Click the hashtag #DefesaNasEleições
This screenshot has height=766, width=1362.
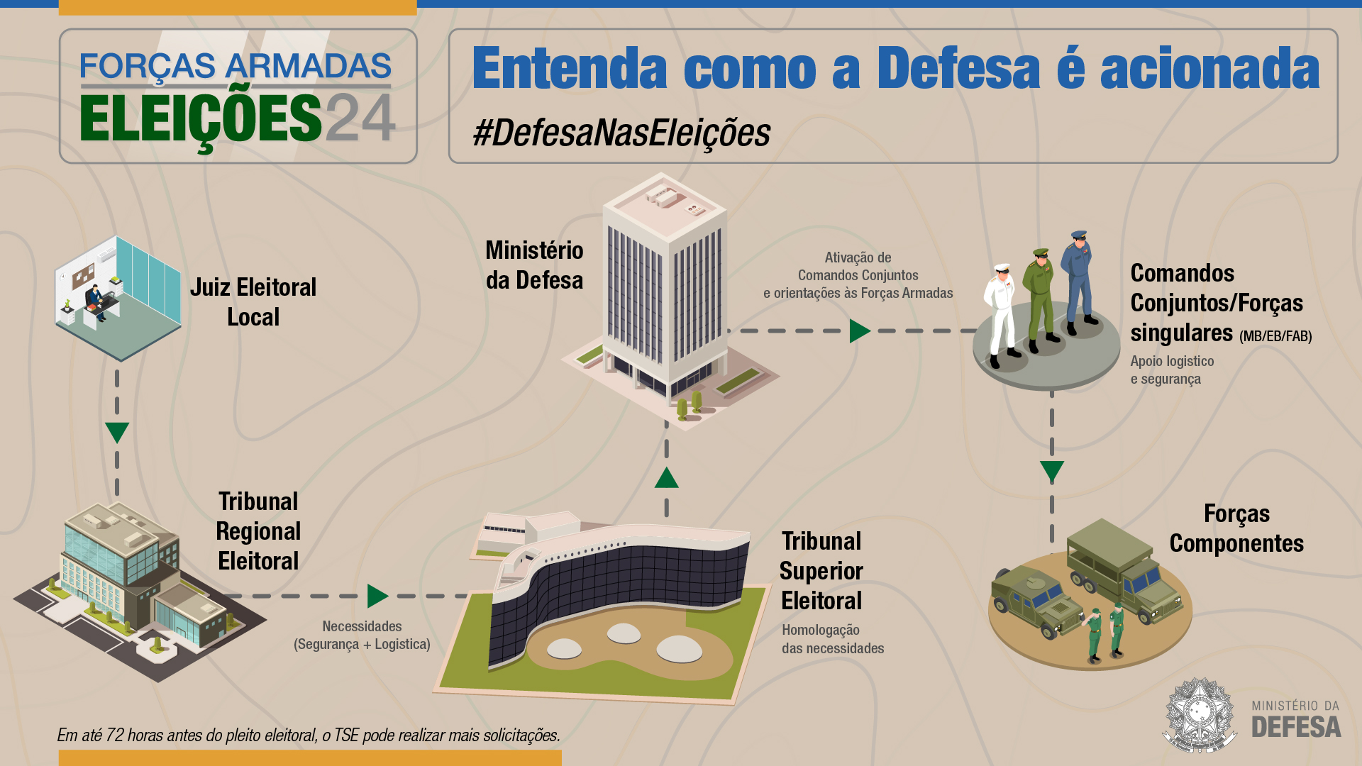(621, 133)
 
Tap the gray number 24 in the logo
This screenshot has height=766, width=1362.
(360, 118)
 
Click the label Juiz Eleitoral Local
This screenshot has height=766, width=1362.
(253, 302)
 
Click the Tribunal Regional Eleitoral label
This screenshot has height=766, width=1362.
(258, 531)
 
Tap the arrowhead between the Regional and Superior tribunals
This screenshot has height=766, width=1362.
(378, 596)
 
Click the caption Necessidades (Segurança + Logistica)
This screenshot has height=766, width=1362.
(362, 635)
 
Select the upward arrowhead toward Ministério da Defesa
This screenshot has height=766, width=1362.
(666, 478)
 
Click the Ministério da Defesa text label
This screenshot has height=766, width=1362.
(534, 265)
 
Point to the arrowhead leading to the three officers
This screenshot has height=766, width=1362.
(860, 331)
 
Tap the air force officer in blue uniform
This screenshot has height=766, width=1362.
(1079, 282)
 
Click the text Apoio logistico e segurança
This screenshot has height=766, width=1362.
(1172, 370)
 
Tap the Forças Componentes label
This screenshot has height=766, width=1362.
(1236, 528)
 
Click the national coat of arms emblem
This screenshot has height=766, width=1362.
(1200, 715)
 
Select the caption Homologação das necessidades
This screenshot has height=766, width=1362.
(833, 639)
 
